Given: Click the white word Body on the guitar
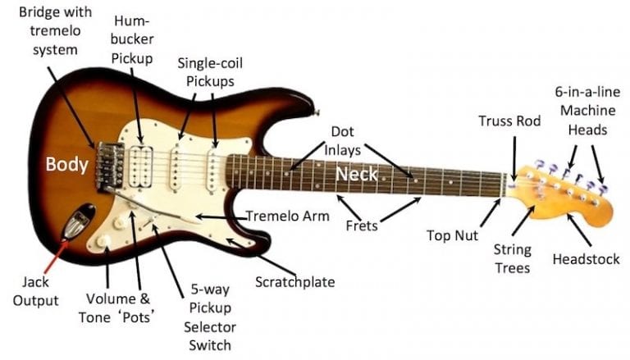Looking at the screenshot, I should click(x=66, y=163).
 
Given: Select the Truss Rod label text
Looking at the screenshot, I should click(x=509, y=121).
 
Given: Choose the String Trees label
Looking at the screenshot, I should click(x=512, y=258).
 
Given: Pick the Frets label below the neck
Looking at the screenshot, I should click(x=361, y=226).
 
